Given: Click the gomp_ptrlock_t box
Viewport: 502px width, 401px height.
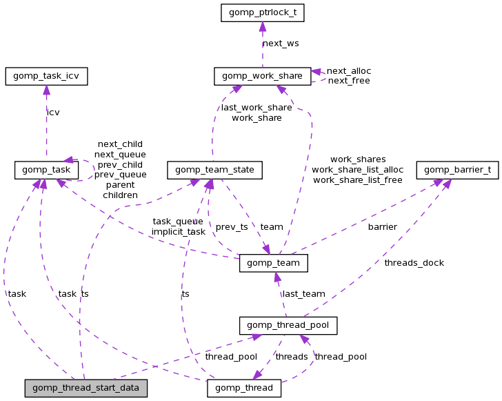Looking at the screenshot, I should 262,13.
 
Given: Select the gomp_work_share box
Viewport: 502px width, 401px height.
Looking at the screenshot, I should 262,76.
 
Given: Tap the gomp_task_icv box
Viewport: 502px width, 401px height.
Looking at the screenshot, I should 46,76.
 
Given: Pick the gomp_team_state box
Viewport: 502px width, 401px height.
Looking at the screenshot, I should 214,170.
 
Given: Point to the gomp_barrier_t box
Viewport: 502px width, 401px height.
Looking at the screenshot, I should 457,170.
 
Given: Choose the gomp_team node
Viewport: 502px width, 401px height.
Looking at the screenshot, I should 273,263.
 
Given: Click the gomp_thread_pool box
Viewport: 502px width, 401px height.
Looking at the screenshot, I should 288,325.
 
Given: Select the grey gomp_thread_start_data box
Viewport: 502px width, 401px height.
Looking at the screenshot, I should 86,388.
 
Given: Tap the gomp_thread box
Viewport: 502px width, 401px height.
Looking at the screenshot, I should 244,388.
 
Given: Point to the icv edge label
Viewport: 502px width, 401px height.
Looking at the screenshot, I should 53,112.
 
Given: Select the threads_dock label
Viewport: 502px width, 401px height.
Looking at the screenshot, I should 414,262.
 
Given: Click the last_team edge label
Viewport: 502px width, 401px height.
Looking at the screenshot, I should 303,293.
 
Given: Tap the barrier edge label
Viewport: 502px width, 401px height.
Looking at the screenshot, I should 382,226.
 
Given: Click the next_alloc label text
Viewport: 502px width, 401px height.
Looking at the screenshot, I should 348,70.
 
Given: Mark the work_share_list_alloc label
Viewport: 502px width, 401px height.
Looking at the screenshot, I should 357,169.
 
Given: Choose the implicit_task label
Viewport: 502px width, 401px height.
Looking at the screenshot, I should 178,231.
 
